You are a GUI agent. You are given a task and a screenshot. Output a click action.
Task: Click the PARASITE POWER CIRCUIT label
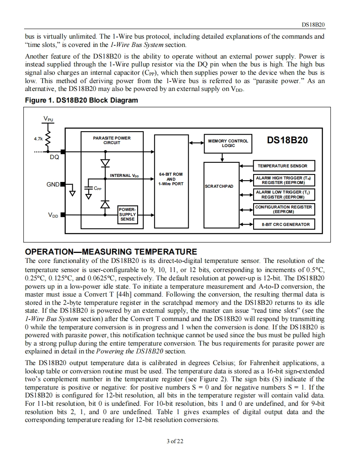click(112, 140)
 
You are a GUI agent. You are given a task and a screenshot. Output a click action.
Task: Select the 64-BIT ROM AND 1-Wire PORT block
click(171, 179)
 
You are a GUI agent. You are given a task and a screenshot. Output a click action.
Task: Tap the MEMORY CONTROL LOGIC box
click(228, 143)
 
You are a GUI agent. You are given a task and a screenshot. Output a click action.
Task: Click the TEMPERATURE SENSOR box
click(282, 166)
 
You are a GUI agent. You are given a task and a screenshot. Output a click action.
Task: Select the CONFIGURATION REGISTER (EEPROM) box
click(283, 209)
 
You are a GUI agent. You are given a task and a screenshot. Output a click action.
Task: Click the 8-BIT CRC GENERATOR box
click(285, 224)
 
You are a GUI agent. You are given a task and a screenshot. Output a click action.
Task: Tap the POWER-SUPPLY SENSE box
click(127, 214)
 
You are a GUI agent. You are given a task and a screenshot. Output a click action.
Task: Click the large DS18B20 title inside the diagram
click(287, 140)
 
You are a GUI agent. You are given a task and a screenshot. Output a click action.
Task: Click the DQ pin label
click(54, 157)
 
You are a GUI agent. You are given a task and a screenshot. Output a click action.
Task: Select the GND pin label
click(53, 184)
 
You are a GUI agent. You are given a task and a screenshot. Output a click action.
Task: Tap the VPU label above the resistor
click(48, 120)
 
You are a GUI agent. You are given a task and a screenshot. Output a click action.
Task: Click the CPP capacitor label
click(97, 189)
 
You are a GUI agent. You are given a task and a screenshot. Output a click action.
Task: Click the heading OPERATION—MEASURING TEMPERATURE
click(111, 252)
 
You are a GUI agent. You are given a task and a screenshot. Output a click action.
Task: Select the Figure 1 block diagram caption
click(81, 100)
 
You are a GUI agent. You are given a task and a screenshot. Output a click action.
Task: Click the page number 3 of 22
click(175, 441)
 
